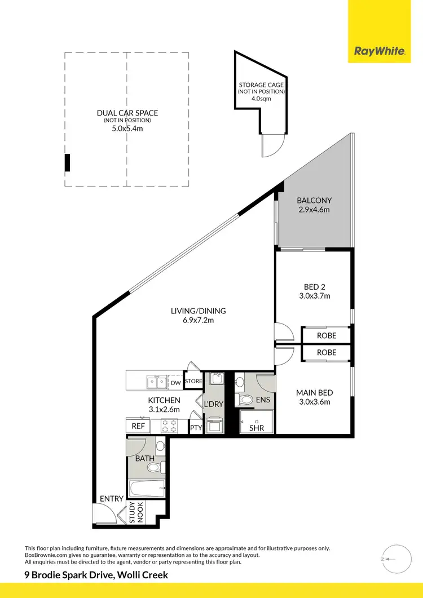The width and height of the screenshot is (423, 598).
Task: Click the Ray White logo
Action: click(380, 51)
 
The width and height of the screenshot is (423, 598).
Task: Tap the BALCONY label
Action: click(314, 200)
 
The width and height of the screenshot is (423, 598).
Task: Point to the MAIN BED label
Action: click(314, 393)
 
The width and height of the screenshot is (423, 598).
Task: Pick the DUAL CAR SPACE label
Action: click(127, 113)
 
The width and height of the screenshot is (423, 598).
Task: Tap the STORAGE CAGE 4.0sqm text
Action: click(261, 99)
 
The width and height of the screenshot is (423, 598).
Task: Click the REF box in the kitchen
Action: click(138, 427)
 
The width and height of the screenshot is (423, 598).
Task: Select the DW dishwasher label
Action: click(176, 383)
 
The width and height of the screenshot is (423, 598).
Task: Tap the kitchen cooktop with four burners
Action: click(170, 427)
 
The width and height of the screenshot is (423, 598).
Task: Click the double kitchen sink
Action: click(155, 383)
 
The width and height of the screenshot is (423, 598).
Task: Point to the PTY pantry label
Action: click(196, 428)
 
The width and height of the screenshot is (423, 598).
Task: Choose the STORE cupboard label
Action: click(193, 382)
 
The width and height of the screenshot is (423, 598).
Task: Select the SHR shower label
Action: click(257, 428)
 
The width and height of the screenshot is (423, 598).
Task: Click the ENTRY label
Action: click(111, 499)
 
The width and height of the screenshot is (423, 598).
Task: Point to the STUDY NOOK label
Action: click(136, 513)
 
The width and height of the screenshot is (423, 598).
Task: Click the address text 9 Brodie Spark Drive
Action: click(96, 575)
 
